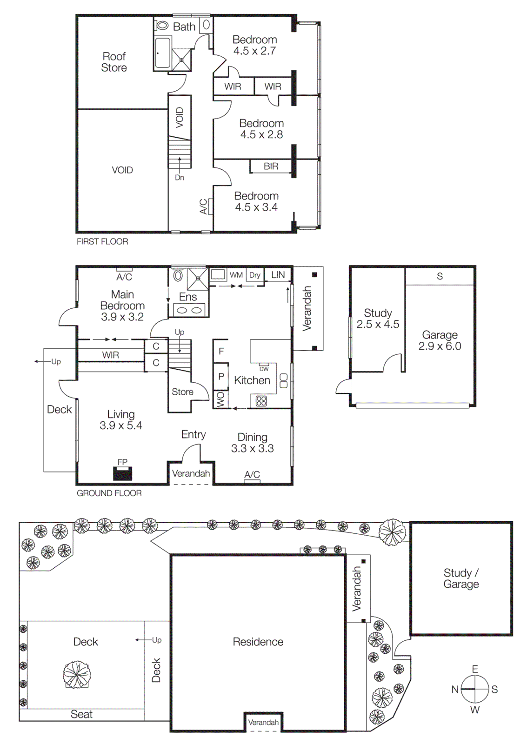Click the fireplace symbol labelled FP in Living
[123, 473]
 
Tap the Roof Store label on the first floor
[114, 62]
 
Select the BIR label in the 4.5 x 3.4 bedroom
[271, 166]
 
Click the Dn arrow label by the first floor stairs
[180, 178]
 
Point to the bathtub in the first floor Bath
[162, 53]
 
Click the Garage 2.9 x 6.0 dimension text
[440, 346]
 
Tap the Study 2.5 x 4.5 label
[378, 319]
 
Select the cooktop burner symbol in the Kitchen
[261, 401]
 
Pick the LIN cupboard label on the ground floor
[278, 275]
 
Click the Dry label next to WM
[254, 275]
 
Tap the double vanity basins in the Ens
[188, 310]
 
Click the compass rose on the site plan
[474, 689]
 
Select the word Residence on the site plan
[258, 642]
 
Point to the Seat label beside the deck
[81, 714]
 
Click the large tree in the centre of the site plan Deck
[77, 675]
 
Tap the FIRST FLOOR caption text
[102, 241]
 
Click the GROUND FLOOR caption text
[109, 493]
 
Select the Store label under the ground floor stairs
[182, 392]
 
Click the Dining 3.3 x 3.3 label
[252, 443]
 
